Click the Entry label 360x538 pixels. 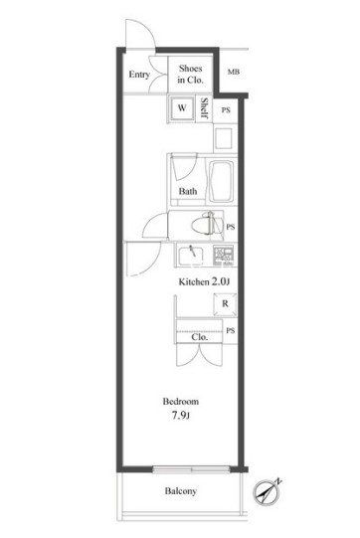[x=139, y=75]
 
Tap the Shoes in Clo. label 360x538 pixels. [x=191, y=75]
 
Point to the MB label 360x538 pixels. [x=234, y=72]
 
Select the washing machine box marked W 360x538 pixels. [x=182, y=108]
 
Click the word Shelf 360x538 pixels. [x=205, y=108]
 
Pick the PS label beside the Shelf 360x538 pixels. [x=226, y=110]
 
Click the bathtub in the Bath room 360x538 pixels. [x=222, y=181]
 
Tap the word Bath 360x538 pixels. [x=188, y=191]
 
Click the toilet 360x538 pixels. [x=205, y=225]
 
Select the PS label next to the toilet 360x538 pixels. [x=231, y=227]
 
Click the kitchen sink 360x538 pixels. [x=189, y=256]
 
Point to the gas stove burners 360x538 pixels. [x=225, y=256]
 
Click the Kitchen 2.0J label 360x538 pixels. [x=204, y=281]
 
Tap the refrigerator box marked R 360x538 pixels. [x=225, y=304]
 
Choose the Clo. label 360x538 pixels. [x=199, y=337]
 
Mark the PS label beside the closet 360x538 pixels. [x=231, y=330]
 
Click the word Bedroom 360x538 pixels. [x=181, y=401]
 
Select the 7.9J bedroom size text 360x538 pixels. [x=181, y=416]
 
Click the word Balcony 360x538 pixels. [x=181, y=491]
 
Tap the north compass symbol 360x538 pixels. [x=267, y=492]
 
